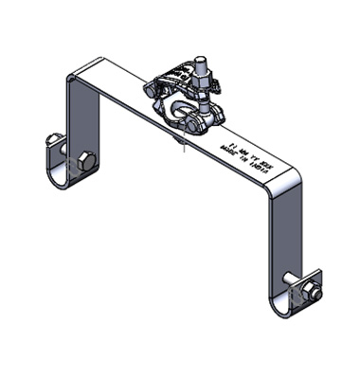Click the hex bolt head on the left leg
(86, 160)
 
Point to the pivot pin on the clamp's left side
(152, 90)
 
